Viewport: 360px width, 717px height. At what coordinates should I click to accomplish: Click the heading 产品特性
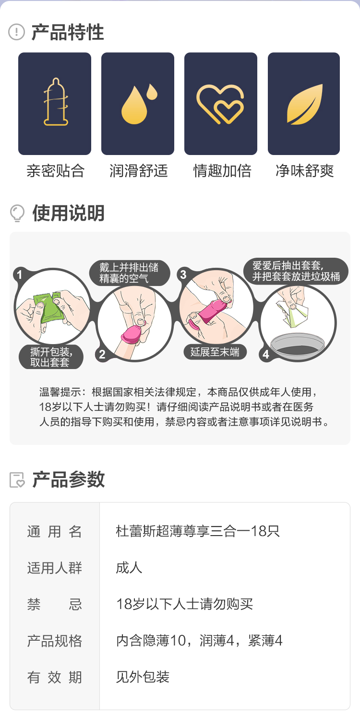68,32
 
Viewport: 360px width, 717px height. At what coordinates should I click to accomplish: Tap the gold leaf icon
305,104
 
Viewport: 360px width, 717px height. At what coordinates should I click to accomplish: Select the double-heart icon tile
221,104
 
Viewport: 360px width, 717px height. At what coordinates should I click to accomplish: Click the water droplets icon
139,104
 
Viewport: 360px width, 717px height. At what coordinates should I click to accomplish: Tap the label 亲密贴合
55,170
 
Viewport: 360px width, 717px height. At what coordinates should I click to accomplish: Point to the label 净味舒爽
305,170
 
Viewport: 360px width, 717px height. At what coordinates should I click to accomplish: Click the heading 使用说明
69,213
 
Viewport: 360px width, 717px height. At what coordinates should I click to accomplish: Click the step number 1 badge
19,275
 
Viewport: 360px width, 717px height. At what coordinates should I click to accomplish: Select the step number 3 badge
183,275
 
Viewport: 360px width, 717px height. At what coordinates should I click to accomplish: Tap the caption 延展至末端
215,352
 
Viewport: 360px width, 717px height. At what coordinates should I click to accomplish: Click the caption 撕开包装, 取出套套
51,357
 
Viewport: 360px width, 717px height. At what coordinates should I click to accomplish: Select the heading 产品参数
69,479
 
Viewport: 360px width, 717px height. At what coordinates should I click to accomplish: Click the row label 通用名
54,532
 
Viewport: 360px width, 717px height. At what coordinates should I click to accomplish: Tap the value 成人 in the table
129,568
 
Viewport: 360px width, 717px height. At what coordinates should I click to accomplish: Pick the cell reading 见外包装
143,677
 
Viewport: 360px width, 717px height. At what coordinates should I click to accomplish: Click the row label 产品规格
54,641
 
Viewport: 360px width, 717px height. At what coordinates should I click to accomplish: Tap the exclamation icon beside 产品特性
16,32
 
